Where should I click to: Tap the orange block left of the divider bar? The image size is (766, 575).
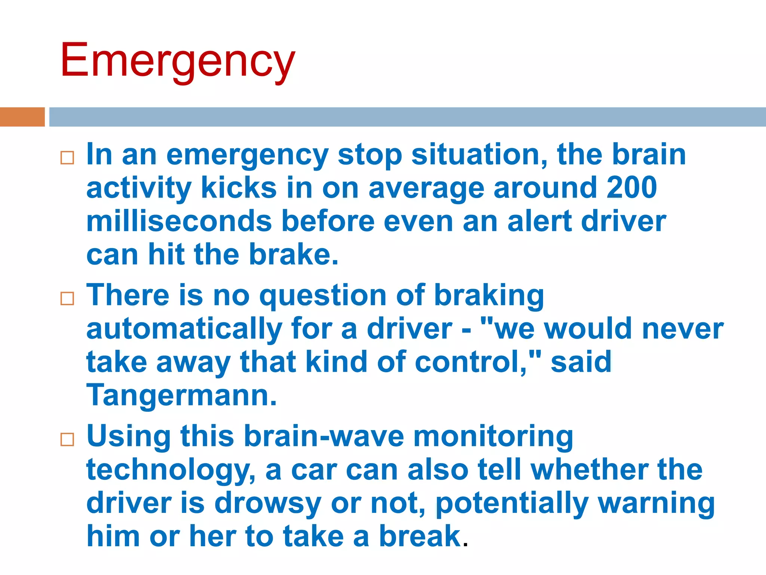click(22, 117)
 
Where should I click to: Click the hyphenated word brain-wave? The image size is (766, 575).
click(324, 436)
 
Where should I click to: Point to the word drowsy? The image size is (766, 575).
click(267, 503)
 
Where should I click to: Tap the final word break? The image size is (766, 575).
click(420, 536)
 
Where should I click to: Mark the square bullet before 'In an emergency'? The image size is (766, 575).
click(67, 158)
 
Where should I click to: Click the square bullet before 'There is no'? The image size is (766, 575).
click(67, 298)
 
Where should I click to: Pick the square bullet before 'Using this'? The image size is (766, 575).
click(67, 439)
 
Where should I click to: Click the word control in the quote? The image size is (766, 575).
click(469, 362)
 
